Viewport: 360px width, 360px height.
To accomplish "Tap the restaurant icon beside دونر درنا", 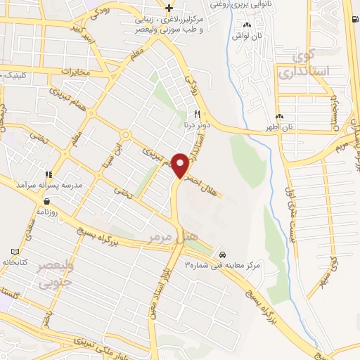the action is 198,115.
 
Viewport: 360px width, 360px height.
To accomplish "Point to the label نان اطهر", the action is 281,127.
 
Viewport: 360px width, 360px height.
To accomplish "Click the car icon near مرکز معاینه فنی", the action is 222,253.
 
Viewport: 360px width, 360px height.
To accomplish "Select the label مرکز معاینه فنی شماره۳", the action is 222,264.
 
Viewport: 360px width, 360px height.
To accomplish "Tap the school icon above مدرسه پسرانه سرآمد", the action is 49,174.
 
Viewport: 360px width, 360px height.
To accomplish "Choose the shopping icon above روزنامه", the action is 46,201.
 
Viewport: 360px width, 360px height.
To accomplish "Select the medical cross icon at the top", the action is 169,8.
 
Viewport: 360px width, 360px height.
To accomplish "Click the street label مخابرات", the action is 77,72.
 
